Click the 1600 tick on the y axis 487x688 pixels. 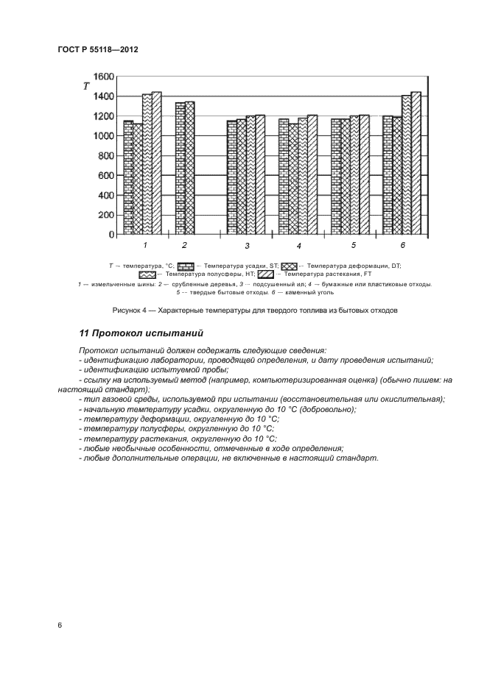click(x=104, y=77)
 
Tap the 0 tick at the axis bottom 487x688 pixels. click(x=111, y=235)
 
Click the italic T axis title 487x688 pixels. click(x=86, y=87)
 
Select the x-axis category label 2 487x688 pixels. click(x=184, y=244)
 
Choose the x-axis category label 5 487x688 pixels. click(x=353, y=244)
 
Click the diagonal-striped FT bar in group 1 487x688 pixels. click(x=156, y=163)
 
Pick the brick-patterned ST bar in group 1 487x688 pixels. click(x=128, y=177)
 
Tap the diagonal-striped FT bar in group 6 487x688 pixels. click(x=416, y=163)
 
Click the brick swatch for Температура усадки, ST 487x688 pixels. click(x=186, y=266)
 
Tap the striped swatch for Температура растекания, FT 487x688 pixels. click(x=265, y=274)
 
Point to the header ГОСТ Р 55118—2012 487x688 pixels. click(x=98, y=49)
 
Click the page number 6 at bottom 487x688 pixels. click(x=60, y=625)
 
